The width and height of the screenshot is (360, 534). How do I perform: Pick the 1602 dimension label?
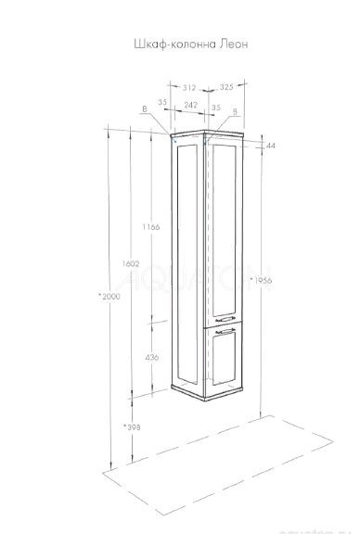pyautogui.click(x=130, y=264)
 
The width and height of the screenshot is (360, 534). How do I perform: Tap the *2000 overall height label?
pyautogui.click(x=108, y=296)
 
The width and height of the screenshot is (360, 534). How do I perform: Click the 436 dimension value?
pyautogui.click(x=153, y=357)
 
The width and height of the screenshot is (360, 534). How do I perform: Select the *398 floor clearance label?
pyautogui.click(x=130, y=426)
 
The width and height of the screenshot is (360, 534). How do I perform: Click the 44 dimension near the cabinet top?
pyautogui.click(x=270, y=146)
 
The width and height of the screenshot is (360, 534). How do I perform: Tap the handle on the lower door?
pyautogui.click(x=223, y=329)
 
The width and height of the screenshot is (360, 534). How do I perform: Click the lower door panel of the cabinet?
pyautogui.click(x=224, y=362)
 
